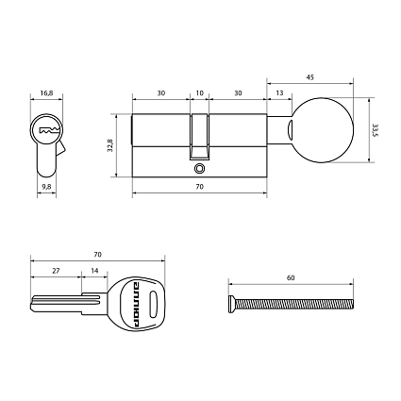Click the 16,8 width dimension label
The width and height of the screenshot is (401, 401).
pyautogui.click(x=46, y=94)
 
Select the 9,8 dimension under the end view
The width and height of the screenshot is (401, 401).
pyautogui.click(x=46, y=188)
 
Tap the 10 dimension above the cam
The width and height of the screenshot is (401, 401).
pyautogui.click(x=198, y=94)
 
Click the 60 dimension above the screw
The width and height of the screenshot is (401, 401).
pyautogui.click(x=290, y=279)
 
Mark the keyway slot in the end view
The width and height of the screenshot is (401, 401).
pyautogui.click(x=46, y=129)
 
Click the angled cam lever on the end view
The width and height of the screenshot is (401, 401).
pyautogui.click(x=61, y=148)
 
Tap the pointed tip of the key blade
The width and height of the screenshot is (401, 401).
pyautogui.click(x=33, y=304)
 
